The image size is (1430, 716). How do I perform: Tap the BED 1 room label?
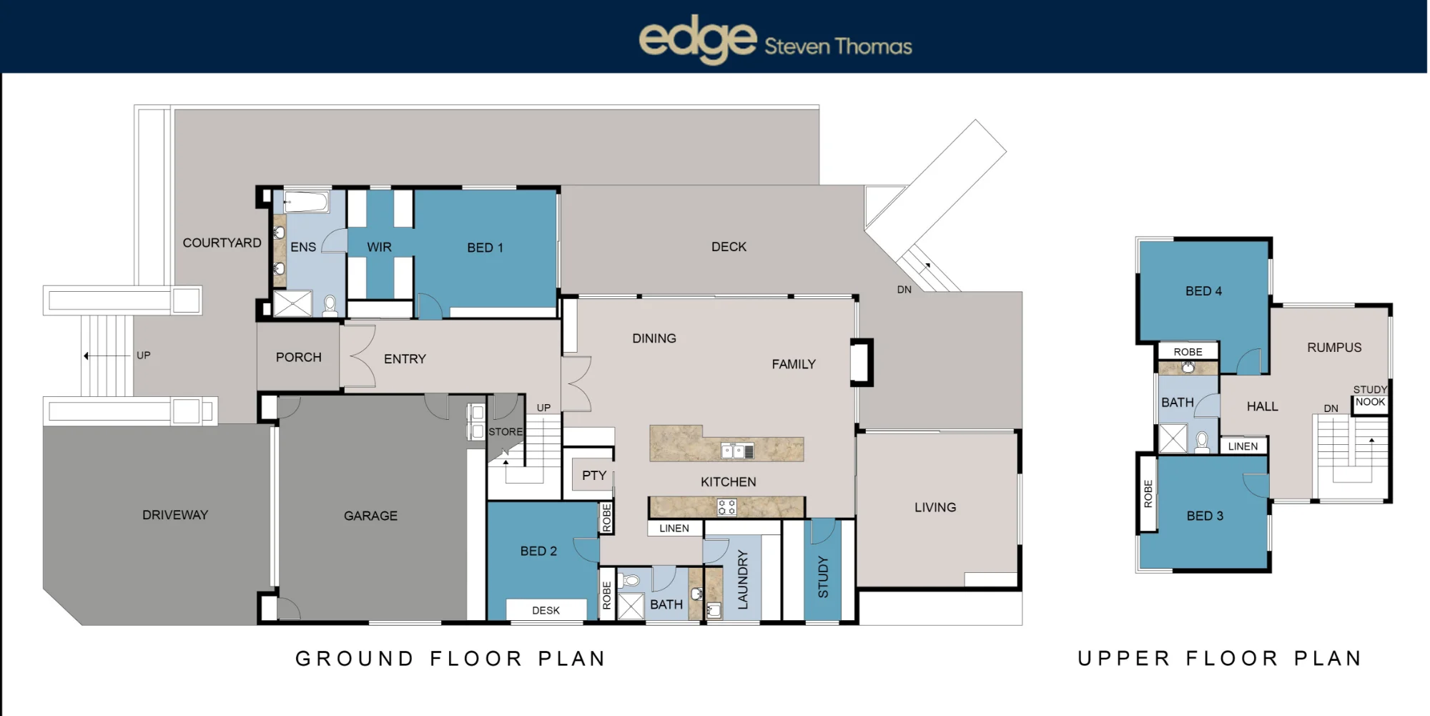pyautogui.click(x=485, y=247)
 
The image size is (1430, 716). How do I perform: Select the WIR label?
pyautogui.click(x=379, y=247)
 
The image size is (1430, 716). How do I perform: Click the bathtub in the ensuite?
pyautogui.click(x=307, y=202)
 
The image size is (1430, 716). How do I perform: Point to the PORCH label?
pyautogui.click(x=299, y=357)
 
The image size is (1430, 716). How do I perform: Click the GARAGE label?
pyautogui.click(x=370, y=516)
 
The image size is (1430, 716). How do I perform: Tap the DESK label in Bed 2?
pyautogui.click(x=546, y=610)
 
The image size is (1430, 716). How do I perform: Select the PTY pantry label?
pyautogui.click(x=594, y=475)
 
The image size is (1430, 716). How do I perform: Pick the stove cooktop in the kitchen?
pyautogui.click(x=726, y=508)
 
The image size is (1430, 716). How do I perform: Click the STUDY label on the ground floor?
pyautogui.click(x=823, y=577)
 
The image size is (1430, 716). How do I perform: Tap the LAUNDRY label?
pyautogui.click(x=742, y=579)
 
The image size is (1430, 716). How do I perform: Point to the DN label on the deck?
pyautogui.click(x=904, y=290)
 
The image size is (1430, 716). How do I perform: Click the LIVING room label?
pyautogui.click(x=935, y=507)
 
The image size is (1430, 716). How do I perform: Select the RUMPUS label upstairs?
pyautogui.click(x=1334, y=348)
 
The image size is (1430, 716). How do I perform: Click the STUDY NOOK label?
pyautogui.click(x=1370, y=396)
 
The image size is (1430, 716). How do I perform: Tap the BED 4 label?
pyautogui.click(x=1203, y=291)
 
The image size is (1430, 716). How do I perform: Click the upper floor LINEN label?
pyautogui.click(x=1243, y=446)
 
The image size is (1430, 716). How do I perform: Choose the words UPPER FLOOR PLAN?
pyautogui.click(x=1220, y=658)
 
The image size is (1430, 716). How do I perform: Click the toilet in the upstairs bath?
pyautogui.click(x=1203, y=441)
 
